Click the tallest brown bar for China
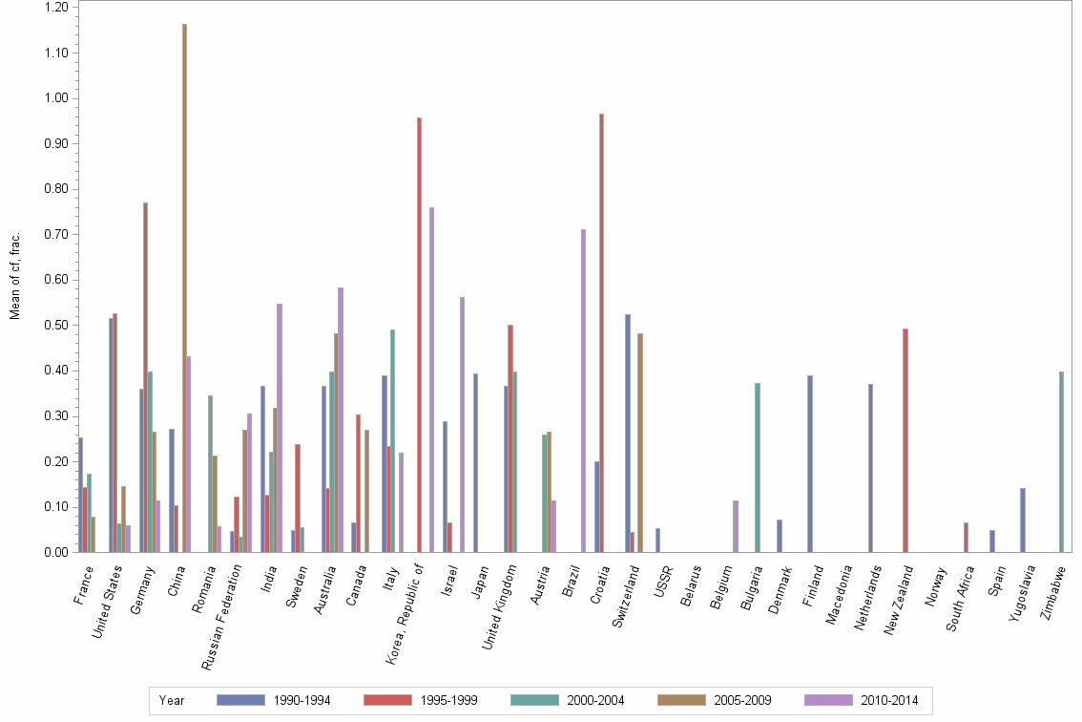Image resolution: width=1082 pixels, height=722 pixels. [184, 287]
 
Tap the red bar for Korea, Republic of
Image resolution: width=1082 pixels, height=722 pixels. [419, 334]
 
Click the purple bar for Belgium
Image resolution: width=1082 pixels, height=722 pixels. [736, 525]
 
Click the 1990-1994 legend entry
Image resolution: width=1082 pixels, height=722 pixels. [273, 700]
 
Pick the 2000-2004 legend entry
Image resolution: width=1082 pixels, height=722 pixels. [568, 700]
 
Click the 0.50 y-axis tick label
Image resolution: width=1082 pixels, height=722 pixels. [56, 326]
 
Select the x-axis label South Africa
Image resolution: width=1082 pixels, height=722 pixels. [959, 602]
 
